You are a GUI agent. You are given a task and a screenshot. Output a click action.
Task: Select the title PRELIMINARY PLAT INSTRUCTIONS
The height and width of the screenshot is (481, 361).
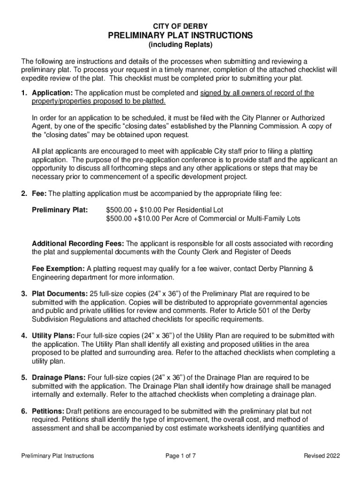[x=180, y=36]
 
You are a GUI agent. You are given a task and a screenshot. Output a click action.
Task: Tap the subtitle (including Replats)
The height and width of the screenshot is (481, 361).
[x=180, y=46]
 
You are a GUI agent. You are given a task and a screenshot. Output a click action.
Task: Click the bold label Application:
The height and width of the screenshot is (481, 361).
[x=52, y=93]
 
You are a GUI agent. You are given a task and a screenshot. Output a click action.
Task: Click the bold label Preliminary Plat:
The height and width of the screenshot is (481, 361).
[x=60, y=209]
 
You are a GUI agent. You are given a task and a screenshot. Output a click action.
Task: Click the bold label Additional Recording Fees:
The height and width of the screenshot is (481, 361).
[x=78, y=243]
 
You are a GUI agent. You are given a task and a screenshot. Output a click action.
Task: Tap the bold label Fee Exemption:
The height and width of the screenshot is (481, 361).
[x=58, y=269]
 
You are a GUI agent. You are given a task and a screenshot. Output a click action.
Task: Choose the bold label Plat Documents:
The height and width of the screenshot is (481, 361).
[x=60, y=294]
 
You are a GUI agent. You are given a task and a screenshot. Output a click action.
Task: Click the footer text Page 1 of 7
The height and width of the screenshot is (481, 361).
[x=180, y=456]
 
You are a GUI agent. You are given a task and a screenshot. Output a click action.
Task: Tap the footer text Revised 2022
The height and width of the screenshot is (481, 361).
[x=322, y=456]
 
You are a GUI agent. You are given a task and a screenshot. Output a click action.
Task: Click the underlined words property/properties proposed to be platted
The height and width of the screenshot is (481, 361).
[x=98, y=101]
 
